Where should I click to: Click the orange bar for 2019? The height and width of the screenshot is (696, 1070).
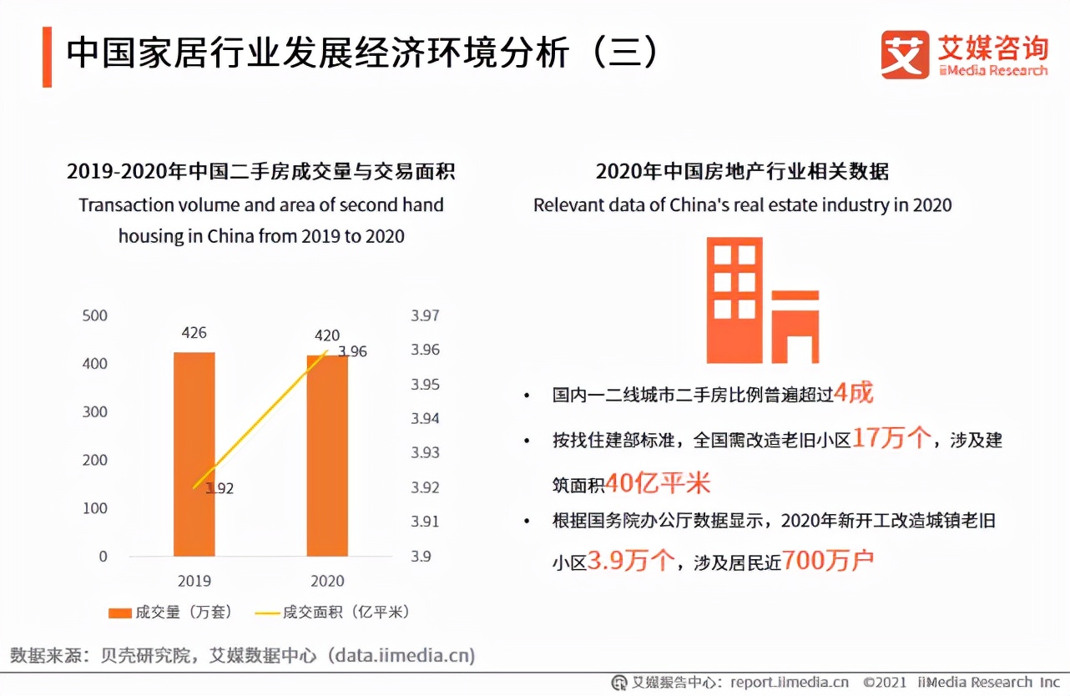tap(194, 454)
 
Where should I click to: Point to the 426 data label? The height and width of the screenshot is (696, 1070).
tap(194, 333)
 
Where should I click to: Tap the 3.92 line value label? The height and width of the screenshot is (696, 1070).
tap(220, 488)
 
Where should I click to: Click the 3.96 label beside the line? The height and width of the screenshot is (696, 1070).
tap(352, 351)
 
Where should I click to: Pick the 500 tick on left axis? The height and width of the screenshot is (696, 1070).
tap(95, 315)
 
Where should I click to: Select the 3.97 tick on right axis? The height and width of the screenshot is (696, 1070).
tap(425, 315)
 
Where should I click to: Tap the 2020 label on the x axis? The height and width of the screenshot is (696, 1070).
tap(326, 581)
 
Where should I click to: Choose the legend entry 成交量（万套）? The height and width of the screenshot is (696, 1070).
tap(171, 613)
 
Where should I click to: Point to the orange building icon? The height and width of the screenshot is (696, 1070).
tap(761, 300)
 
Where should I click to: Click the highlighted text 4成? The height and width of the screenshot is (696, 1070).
tap(853, 392)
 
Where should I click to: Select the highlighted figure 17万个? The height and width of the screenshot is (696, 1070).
tap(891, 438)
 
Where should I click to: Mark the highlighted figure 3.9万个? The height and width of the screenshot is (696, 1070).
tap(630, 560)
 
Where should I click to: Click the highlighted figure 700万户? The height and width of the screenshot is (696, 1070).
tap(828, 560)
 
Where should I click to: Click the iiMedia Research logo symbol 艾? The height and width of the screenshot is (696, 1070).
tap(905, 55)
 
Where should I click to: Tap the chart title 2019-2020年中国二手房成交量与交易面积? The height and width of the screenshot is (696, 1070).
tap(261, 172)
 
